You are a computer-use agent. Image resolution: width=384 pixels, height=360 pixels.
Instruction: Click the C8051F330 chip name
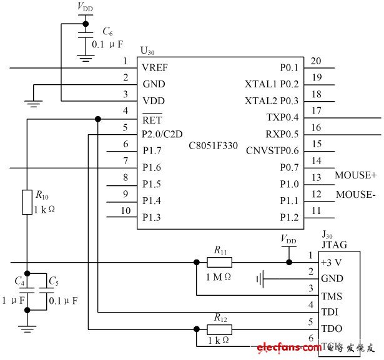[217, 146]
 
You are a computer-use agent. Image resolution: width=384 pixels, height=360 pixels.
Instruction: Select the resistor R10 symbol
[27, 202]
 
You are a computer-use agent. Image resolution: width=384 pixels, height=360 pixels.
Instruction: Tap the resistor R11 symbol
[219, 263]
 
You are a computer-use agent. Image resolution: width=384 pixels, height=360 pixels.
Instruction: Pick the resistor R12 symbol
[219, 329]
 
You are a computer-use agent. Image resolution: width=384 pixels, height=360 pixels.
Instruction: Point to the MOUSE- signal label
[355, 195]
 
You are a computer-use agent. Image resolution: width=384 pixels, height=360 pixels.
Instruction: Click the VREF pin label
[155, 67]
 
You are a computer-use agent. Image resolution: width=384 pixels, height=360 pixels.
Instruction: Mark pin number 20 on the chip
[316, 61]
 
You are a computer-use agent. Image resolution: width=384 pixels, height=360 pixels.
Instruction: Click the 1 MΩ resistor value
[220, 276]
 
